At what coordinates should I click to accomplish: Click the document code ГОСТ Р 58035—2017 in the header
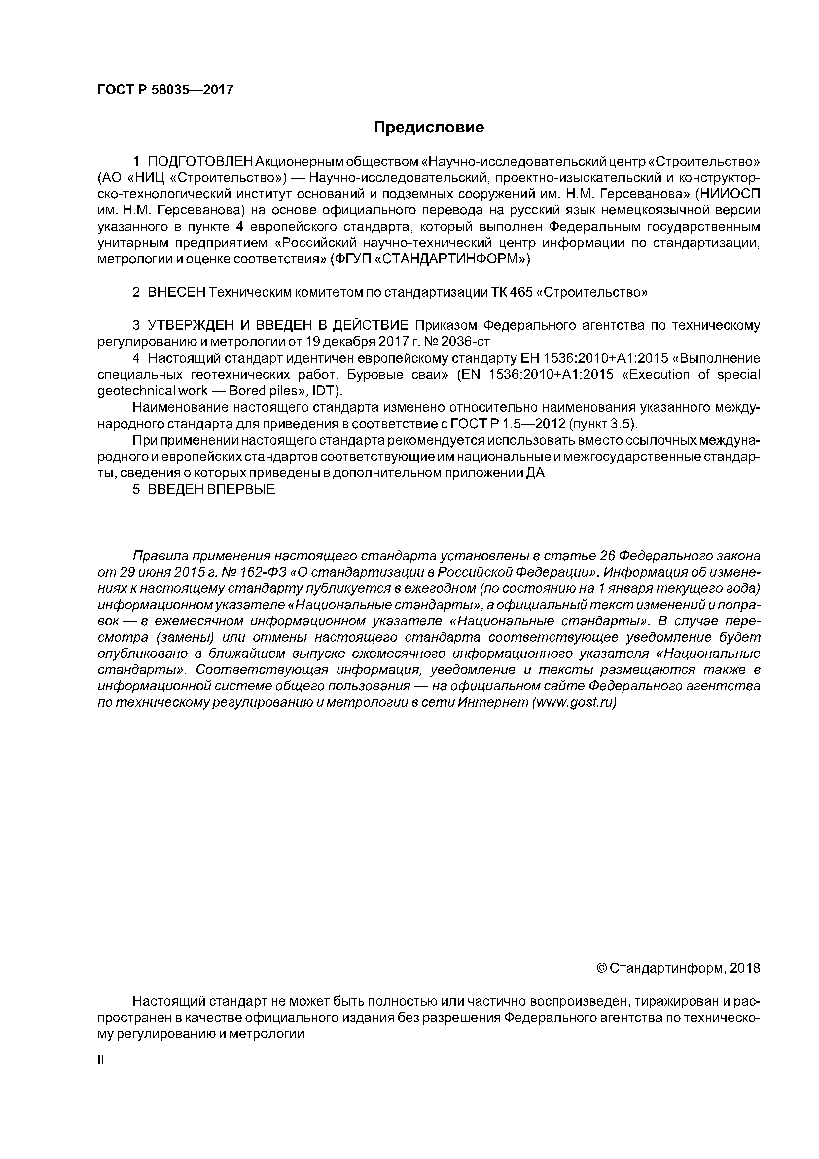click(x=165, y=90)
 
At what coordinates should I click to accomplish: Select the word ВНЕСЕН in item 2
click(x=177, y=292)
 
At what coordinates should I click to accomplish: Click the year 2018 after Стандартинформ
click(x=745, y=968)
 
